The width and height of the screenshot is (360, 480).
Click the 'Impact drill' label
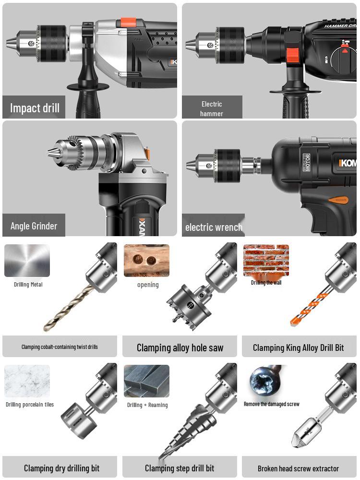click(35, 108)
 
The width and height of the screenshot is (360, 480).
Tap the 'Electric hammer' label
click(212, 108)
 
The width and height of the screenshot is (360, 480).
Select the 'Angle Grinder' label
click(34, 226)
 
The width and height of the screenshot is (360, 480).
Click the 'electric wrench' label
click(214, 227)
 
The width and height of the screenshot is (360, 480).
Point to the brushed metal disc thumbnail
click(27, 261)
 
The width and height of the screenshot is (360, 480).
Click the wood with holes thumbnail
click(146, 261)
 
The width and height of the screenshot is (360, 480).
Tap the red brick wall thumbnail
click(266, 260)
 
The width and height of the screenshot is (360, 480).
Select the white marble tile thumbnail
click(27, 381)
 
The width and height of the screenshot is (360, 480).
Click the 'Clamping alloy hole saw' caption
click(180, 348)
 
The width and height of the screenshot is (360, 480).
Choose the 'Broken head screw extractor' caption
click(298, 468)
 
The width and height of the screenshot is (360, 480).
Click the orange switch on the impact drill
click(128, 22)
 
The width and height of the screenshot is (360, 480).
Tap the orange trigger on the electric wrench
click(339, 199)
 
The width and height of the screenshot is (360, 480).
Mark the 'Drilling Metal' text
click(28, 285)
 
